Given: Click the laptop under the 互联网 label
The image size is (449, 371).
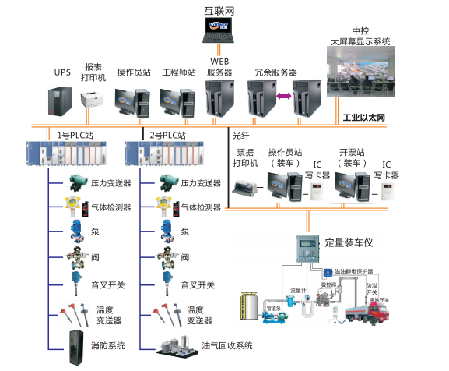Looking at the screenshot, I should pos(218,31).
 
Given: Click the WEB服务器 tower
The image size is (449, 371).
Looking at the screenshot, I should pos(219,97).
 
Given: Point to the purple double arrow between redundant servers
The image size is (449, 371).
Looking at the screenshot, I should pos(282,96).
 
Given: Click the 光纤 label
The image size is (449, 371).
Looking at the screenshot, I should pos(242,135).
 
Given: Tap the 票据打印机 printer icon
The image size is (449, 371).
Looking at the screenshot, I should pos(247,186).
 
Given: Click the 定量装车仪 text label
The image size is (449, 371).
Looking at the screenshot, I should pos(349,242).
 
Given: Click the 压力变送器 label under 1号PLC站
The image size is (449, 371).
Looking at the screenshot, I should pos(111,184).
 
